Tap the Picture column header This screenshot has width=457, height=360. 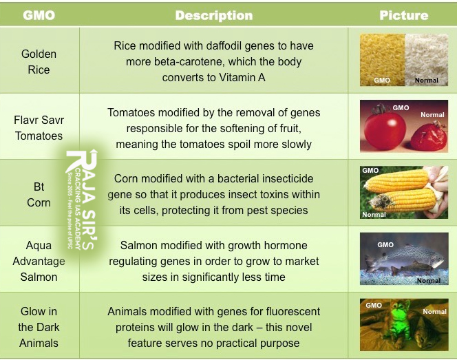[x=404, y=15]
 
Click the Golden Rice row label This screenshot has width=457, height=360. [x=39, y=61]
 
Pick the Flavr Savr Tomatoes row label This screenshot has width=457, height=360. [x=39, y=127]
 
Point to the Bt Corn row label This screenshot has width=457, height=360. [x=39, y=194]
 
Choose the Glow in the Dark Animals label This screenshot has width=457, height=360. [x=39, y=327]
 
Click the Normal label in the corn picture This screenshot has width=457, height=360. [x=374, y=214]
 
